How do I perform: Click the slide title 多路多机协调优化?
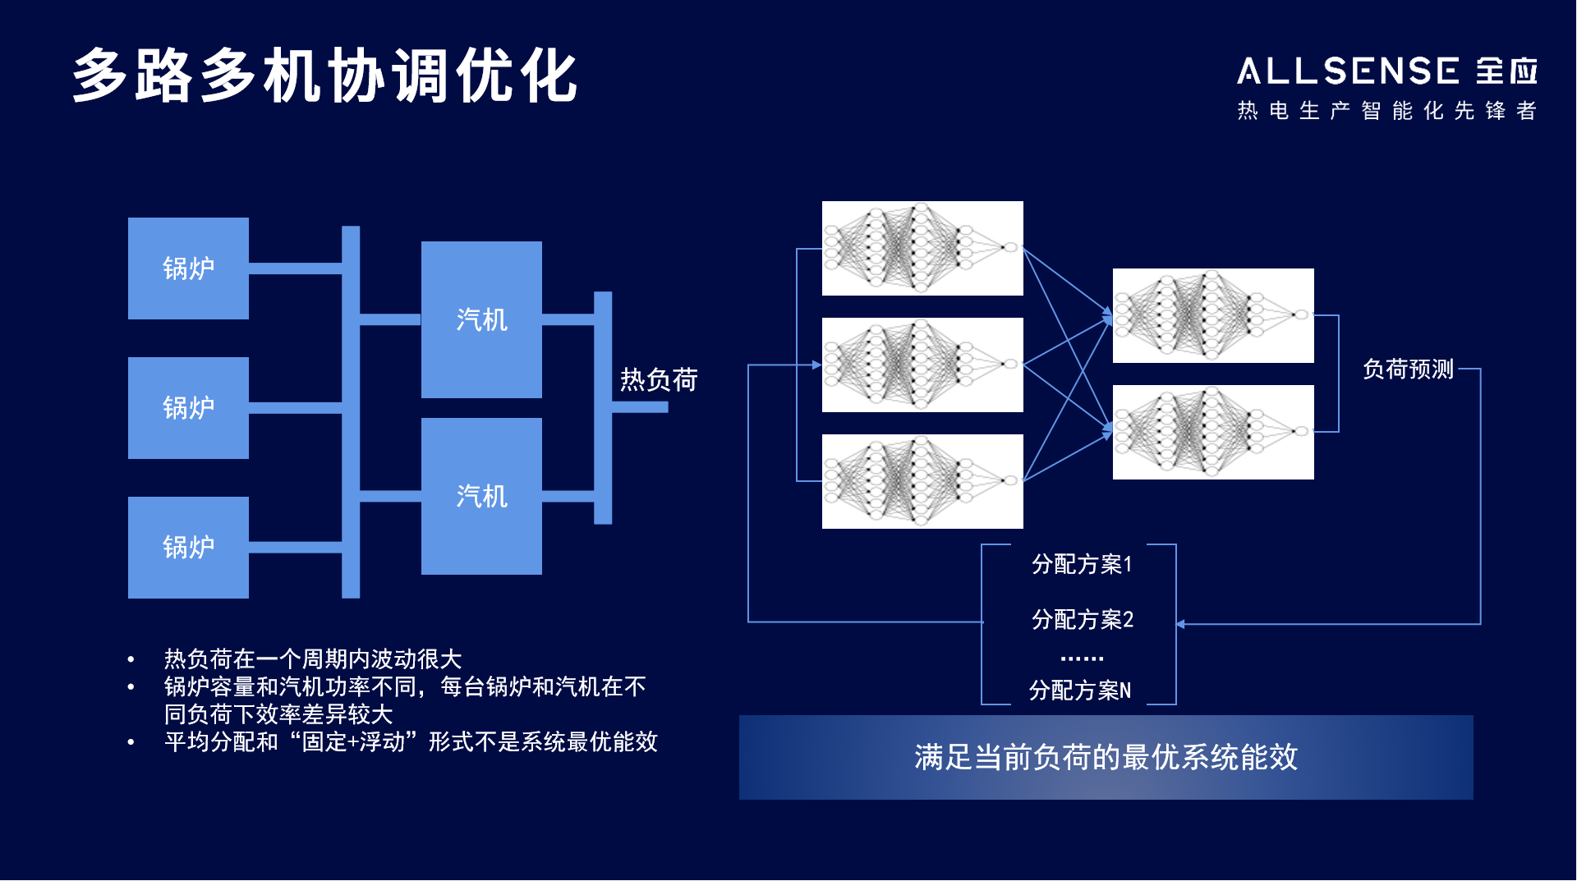pyautogui.click(x=324, y=76)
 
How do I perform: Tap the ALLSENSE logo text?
pyautogui.click(x=1348, y=71)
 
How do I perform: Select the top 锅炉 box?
pyautogui.click(x=188, y=268)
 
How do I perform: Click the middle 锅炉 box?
pyautogui.click(x=188, y=408)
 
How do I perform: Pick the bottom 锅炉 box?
pyautogui.click(x=188, y=548)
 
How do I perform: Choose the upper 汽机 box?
pyautogui.click(x=481, y=319)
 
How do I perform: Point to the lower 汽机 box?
pyautogui.click(x=481, y=496)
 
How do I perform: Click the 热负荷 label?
pyautogui.click(x=659, y=379)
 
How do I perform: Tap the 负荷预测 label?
pyautogui.click(x=1408, y=369)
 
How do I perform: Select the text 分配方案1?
pyautogui.click(x=1082, y=564)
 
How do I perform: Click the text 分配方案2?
pyautogui.click(x=1082, y=619)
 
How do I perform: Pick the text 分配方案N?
pyautogui.click(x=1080, y=691)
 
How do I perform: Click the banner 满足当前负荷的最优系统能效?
pyautogui.click(x=1106, y=757)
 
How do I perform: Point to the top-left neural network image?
pyautogui.click(x=922, y=248)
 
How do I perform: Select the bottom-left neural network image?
pyautogui.click(x=922, y=481)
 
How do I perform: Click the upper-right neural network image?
pyautogui.click(x=1213, y=315)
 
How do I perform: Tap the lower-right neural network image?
pyautogui.click(x=1213, y=432)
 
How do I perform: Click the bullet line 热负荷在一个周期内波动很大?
pyautogui.click(x=312, y=658)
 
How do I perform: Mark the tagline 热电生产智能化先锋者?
pyautogui.click(x=1386, y=111)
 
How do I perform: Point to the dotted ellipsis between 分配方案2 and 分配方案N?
pyautogui.click(x=1082, y=658)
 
